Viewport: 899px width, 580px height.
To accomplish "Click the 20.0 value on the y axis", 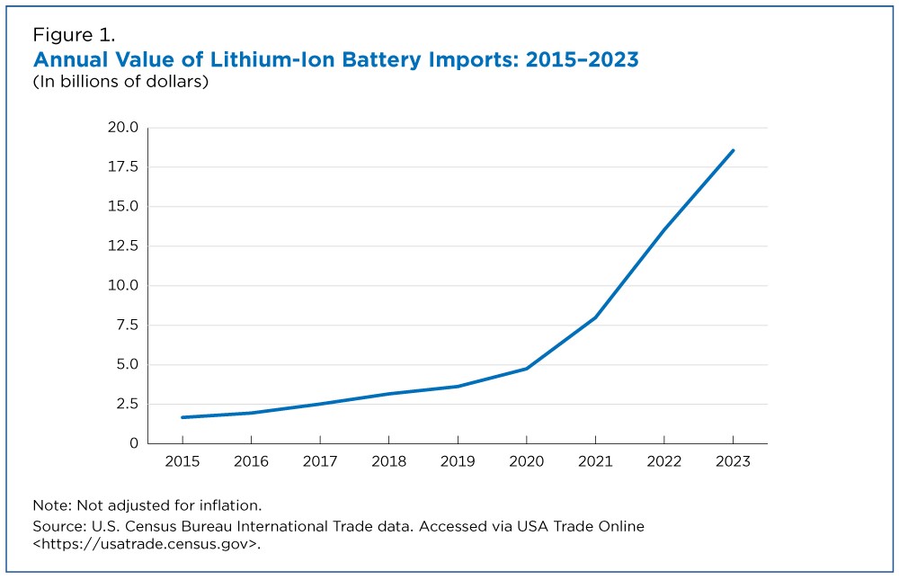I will click(121, 128).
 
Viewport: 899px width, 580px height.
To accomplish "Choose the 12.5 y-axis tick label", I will click(121, 246).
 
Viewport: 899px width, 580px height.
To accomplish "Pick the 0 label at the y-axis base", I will click(133, 443).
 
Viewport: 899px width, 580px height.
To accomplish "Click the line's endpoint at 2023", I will click(733, 150).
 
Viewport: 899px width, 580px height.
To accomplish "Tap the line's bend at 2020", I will click(526, 369).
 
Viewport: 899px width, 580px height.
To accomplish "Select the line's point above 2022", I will click(663, 230).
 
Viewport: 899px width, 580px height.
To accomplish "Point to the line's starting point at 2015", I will click(182, 417).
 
